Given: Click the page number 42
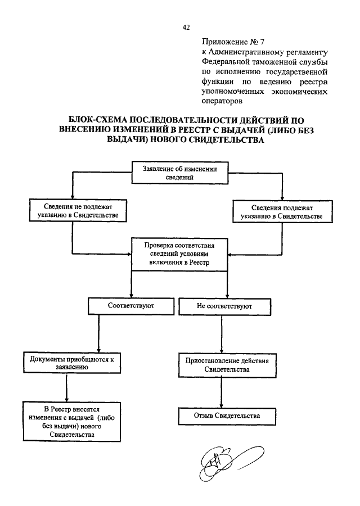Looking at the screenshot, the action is pyautogui.click(x=186, y=28).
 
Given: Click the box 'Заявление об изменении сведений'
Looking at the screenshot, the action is pyautogui.click(x=180, y=173).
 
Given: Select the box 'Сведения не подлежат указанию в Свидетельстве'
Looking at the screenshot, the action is pyautogui.click(x=78, y=210).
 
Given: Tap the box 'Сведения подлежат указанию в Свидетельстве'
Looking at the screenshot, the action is pyautogui.click(x=282, y=211).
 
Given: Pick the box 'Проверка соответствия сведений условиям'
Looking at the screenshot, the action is pyautogui.click(x=179, y=254).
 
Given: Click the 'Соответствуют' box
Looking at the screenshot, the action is pyautogui.click(x=131, y=306).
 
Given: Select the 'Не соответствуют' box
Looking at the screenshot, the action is pyautogui.click(x=224, y=306).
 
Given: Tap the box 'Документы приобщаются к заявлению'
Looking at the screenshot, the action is pyautogui.click(x=71, y=363).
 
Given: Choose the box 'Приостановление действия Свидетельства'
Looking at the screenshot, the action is pyautogui.click(x=227, y=365).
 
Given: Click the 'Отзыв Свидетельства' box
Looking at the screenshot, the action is pyautogui.click(x=227, y=416).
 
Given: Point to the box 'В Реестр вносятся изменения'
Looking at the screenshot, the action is pyautogui.click(x=71, y=422).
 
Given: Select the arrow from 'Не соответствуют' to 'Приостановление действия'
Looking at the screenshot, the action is pyautogui.click(x=222, y=335).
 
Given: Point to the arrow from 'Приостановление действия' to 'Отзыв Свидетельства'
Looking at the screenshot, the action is pyautogui.click(x=221, y=393).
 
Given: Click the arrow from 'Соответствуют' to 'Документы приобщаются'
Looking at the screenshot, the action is pyautogui.click(x=98, y=333).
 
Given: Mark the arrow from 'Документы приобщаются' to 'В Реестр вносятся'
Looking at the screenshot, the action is pyautogui.click(x=66, y=387).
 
